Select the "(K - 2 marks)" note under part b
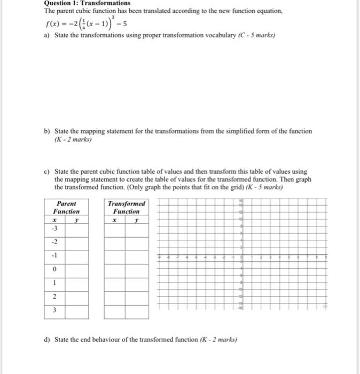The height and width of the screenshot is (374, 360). (73, 139)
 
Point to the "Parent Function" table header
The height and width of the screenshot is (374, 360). (66, 207)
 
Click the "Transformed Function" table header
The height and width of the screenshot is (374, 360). (126, 207)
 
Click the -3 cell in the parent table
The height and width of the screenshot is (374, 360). (54, 229)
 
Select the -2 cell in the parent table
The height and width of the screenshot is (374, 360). (54, 242)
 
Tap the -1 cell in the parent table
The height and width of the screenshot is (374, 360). (54, 256)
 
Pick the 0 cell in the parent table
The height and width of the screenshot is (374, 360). (54, 270)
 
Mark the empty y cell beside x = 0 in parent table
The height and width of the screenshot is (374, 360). (76, 270)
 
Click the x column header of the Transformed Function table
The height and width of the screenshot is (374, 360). (114, 219)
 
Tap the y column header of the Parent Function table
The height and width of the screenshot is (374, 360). (76, 219)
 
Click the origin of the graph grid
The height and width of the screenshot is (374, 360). (241, 256)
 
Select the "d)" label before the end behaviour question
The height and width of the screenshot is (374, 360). (47, 339)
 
